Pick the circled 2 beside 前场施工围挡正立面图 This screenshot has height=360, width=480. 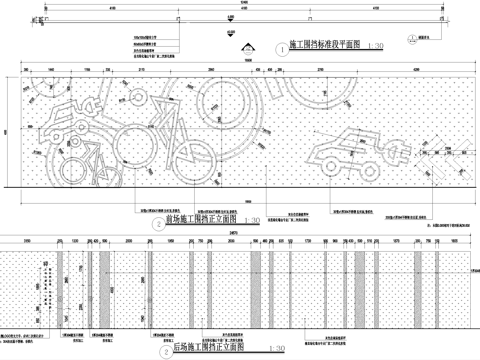[x=158, y=224]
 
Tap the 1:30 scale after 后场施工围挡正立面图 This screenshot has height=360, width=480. [x=257, y=350]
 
